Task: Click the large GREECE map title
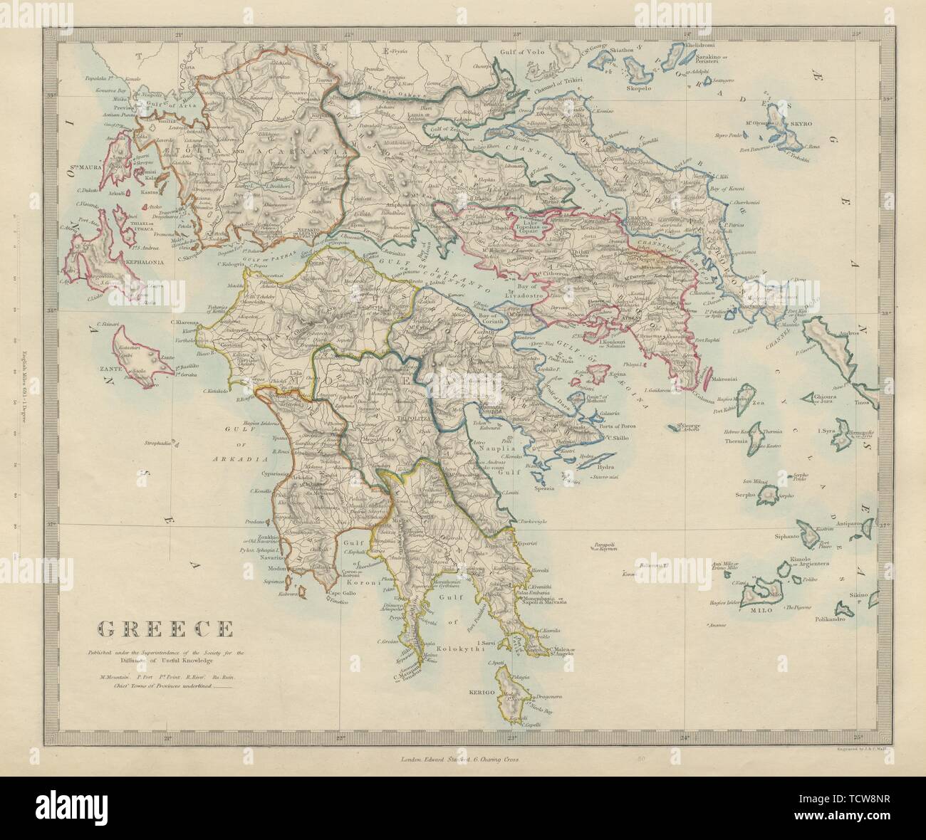tap(165, 629)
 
